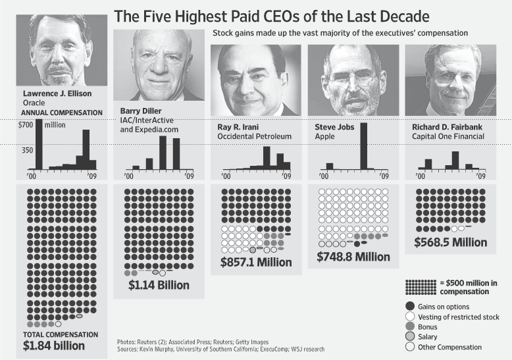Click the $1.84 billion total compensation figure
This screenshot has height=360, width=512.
coord(54,345)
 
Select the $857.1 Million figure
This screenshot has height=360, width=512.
coord(256,262)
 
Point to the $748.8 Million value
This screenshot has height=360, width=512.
coord(353,257)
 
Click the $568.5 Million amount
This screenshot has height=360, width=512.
coord(451,242)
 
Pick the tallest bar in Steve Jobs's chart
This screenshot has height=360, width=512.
coord(363,146)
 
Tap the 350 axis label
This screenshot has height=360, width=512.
coord(26,151)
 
